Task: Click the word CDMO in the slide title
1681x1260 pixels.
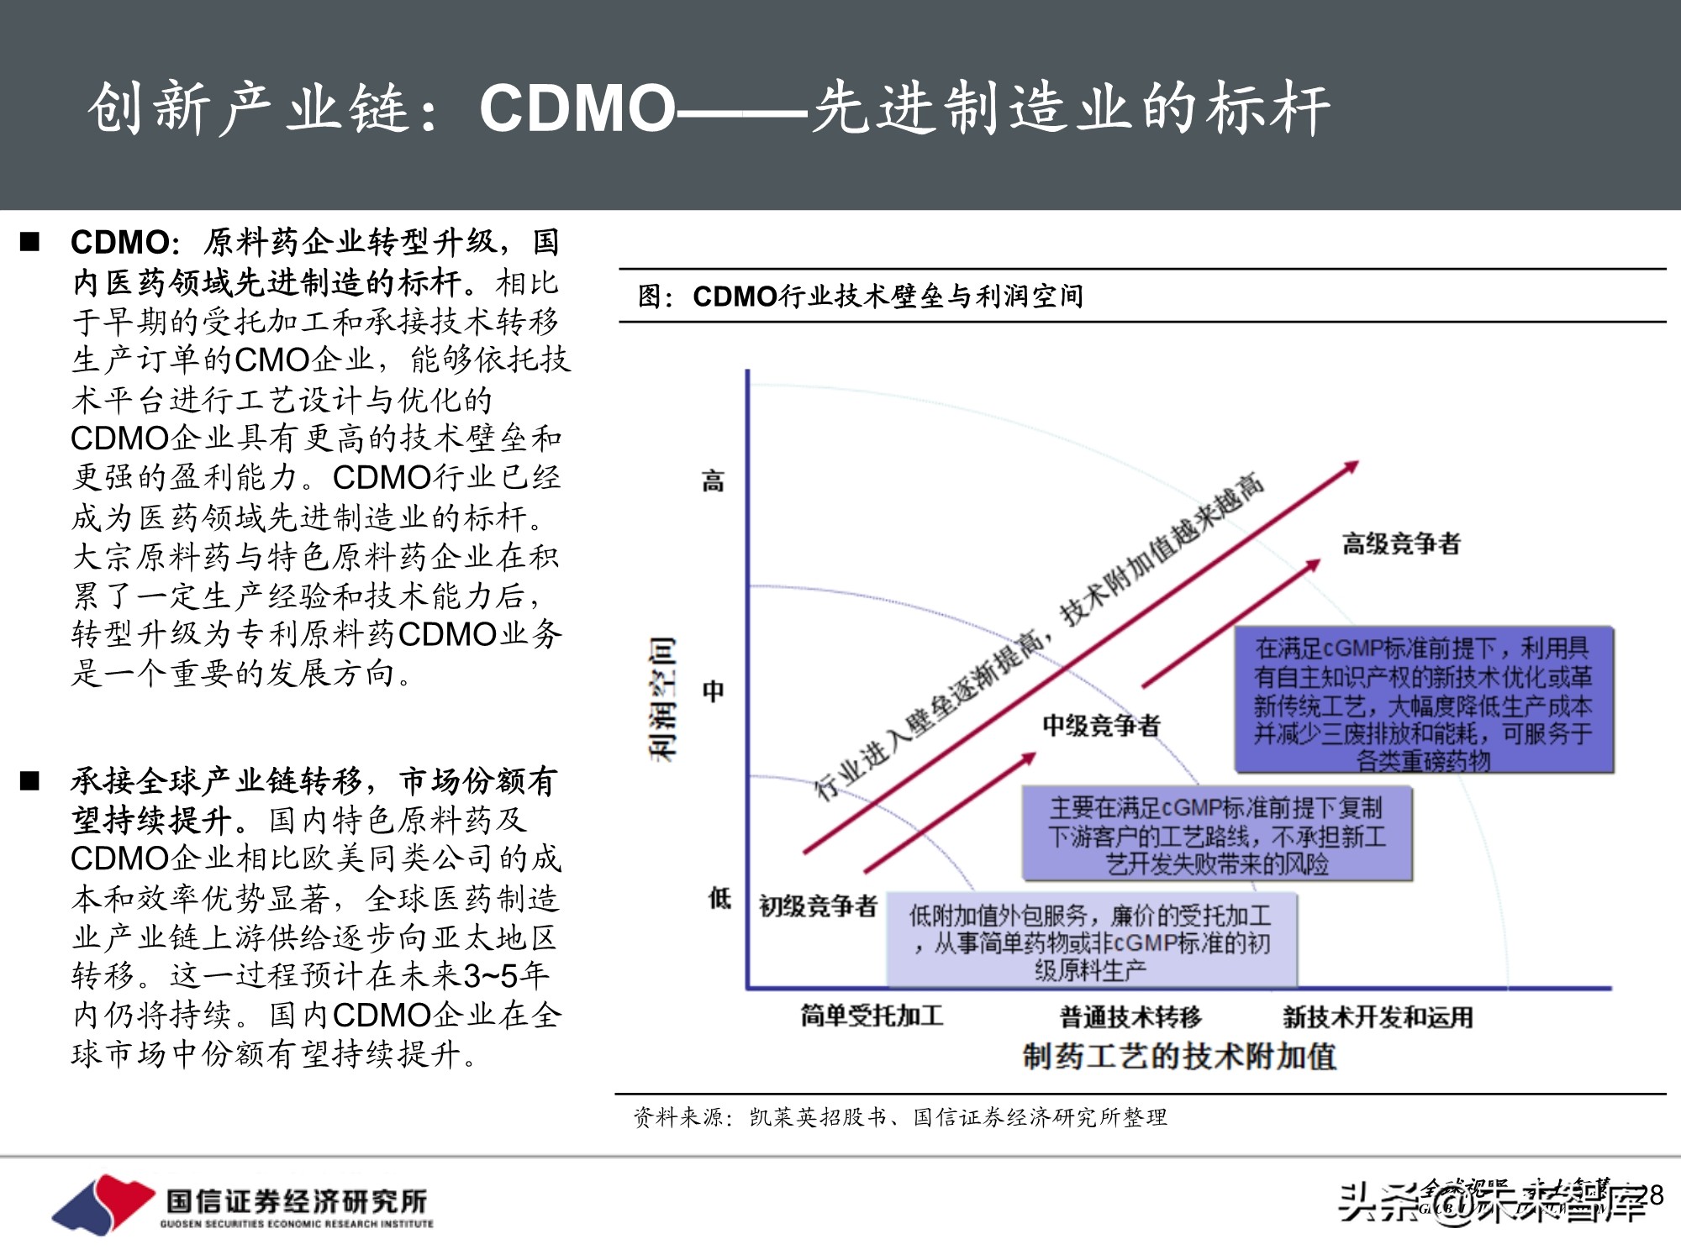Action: click(577, 109)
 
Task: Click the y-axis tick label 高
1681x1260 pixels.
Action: click(713, 481)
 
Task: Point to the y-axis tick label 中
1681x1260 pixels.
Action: click(713, 690)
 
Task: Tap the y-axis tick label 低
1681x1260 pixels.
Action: click(719, 898)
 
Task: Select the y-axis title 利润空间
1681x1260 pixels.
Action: click(662, 699)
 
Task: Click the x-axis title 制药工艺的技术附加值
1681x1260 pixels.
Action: click(1178, 1056)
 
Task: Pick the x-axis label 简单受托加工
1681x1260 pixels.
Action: click(872, 1016)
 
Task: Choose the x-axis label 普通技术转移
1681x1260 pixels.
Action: click(1130, 1016)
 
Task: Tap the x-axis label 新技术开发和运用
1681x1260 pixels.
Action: click(1378, 1017)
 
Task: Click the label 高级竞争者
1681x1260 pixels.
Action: click(1401, 543)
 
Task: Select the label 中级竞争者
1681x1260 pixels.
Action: click(1101, 725)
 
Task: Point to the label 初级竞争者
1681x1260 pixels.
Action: click(818, 906)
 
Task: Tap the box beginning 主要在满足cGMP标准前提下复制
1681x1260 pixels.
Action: click(1216, 834)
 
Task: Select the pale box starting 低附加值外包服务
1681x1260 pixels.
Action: click(1091, 941)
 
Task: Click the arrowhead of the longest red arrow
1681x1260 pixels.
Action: click(1352, 465)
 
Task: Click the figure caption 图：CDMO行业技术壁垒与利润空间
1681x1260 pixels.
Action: click(860, 296)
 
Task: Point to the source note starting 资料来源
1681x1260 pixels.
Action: click(899, 1117)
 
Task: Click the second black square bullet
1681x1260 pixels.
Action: click(30, 781)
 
